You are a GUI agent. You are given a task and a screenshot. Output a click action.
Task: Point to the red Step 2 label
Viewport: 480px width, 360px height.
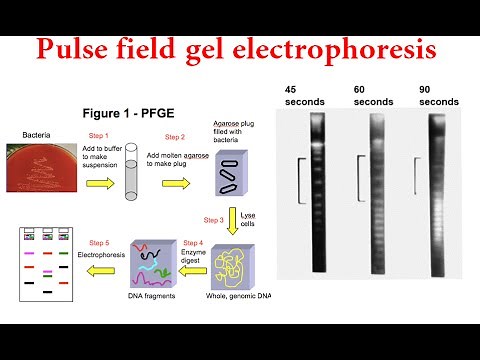pyautogui.click(x=174, y=136)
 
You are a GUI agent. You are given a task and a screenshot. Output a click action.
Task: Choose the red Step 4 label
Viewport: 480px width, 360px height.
pyautogui.click(x=193, y=242)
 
